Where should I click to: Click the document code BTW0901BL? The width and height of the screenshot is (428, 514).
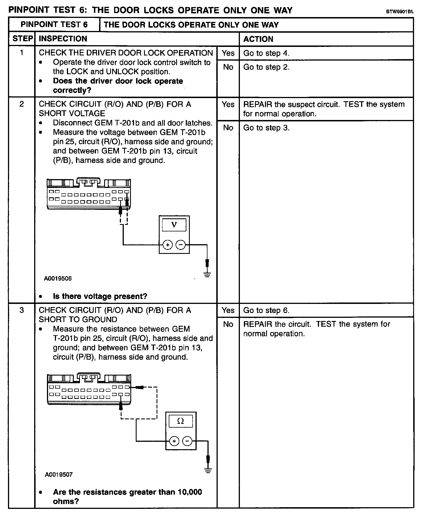click(x=400, y=12)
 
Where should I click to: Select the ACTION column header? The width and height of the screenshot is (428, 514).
click(x=258, y=39)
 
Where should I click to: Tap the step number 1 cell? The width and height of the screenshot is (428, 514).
click(x=22, y=53)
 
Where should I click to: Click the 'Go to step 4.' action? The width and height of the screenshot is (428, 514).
click(x=266, y=53)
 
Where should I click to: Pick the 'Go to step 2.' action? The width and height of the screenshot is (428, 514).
click(x=266, y=67)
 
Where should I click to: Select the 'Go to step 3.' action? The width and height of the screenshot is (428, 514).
click(x=266, y=128)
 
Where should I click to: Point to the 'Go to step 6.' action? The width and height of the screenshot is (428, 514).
click(x=266, y=310)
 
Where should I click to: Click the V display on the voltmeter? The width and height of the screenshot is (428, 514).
click(x=174, y=225)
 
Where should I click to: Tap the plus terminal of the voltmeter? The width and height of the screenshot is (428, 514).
click(x=168, y=245)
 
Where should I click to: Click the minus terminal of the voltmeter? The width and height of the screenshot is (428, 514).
click(x=180, y=245)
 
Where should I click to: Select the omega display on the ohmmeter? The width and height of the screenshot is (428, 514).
click(x=181, y=421)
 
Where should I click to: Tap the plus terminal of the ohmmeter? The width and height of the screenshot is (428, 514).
click(x=174, y=441)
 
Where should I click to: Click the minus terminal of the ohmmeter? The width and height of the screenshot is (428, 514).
click(x=187, y=441)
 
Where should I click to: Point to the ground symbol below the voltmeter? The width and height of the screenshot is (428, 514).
click(x=207, y=275)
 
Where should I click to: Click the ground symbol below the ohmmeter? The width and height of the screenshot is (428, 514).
click(x=208, y=471)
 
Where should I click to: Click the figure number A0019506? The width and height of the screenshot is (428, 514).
click(x=58, y=279)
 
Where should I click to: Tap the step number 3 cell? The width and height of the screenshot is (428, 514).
click(x=22, y=310)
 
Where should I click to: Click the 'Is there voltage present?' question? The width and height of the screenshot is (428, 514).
click(x=100, y=297)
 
